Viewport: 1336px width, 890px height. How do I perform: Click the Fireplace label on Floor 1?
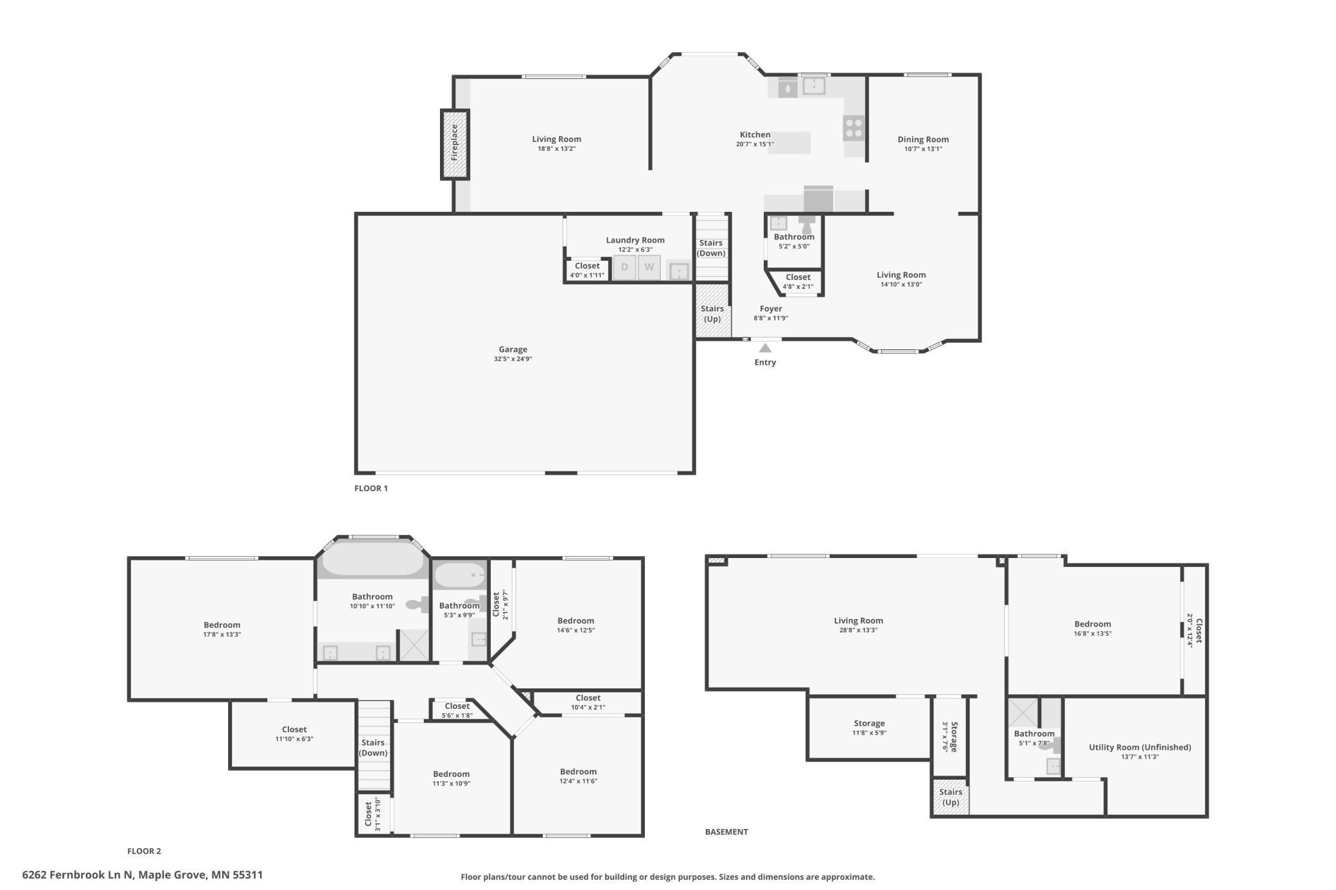[x=455, y=143]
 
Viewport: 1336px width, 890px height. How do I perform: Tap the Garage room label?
[x=513, y=349]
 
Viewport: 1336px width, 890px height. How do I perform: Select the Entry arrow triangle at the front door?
[x=765, y=348]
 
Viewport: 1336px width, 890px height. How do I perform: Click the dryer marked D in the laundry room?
[x=624, y=267]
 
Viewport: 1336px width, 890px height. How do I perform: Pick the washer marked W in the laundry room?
[x=649, y=267]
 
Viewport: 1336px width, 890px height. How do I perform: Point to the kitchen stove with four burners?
[x=854, y=128]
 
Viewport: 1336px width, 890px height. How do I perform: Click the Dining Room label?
[x=923, y=139]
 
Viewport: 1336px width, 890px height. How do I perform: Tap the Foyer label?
[x=771, y=309]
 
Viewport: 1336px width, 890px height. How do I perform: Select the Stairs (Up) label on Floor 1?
[x=712, y=313]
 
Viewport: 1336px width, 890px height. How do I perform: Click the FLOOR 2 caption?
[x=144, y=851]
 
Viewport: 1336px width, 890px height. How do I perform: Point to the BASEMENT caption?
[x=726, y=832]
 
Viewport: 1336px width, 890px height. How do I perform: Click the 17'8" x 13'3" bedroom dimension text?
[x=222, y=634]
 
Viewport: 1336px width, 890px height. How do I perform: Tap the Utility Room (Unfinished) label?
[x=1140, y=747]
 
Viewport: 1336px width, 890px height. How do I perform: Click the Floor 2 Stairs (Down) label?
[x=373, y=747]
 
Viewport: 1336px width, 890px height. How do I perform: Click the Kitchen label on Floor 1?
[x=755, y=135]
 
